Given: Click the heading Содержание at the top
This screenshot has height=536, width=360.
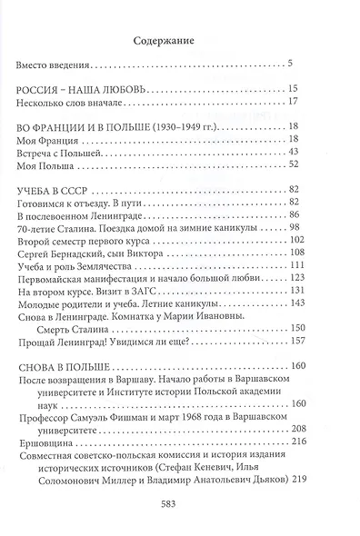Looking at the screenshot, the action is (x=179, y=40).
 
